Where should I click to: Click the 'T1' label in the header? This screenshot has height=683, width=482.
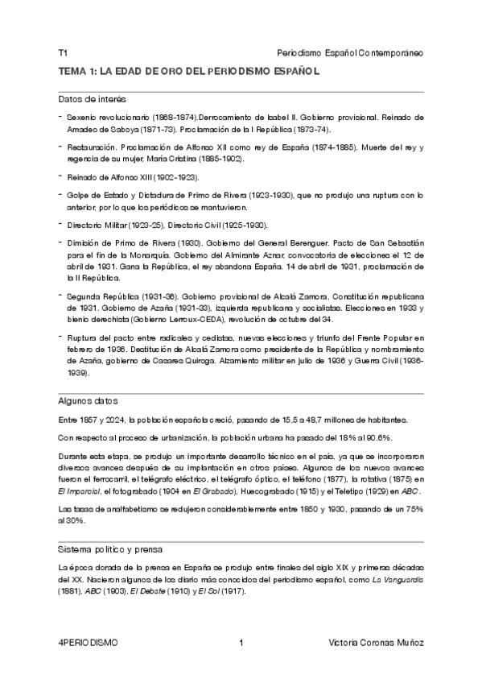(x=63, y=52)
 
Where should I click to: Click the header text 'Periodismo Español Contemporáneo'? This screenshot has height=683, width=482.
(x=349, y=52)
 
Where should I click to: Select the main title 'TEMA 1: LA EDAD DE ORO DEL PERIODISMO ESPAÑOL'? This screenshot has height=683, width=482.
(x=189, y=72)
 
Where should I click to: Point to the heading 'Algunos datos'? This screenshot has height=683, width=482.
(x=88, y=400)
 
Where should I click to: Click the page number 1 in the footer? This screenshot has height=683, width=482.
(x=241, y=643)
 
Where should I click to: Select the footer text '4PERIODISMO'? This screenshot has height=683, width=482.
(x=88, y=643)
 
